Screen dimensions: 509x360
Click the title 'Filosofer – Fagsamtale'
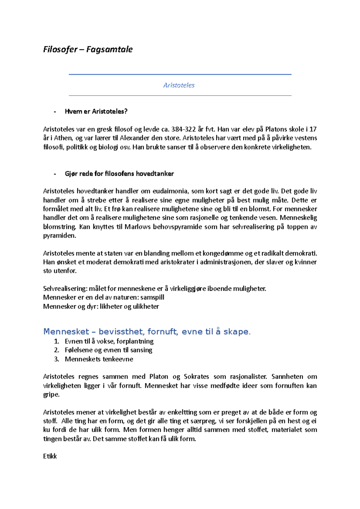click(x=88, y=49)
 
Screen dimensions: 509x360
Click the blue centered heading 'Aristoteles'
click(x=179, y=85)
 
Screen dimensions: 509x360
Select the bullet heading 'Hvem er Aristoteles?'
click(x=96, y=112)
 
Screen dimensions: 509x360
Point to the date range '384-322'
click(x=183, y=129)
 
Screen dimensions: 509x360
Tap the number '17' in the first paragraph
click(x=313, y=129)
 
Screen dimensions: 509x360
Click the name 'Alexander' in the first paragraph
click(x=134, y=138)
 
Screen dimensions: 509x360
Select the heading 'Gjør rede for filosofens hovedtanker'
click(x=119, y=174)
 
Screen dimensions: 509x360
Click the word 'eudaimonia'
click(x=170, y=191)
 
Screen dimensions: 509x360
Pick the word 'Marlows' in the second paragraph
click(x=137, y=227)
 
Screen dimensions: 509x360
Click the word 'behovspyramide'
click(x=177, y=227)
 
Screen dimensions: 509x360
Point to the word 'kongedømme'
click(x=223, y=253)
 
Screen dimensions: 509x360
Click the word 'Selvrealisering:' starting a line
click(x=65, y=289)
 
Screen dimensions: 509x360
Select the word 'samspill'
click(x=152, y=297)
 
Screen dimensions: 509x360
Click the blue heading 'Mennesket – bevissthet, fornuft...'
click(x=147, y=332)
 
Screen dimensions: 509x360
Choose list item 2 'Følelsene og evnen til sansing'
click(x=108, y=350)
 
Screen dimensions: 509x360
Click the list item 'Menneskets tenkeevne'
click(x=99, y=359)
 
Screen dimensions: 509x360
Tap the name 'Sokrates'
click(x=196, y=377)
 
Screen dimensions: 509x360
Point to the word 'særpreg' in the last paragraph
click(x=205, y=421)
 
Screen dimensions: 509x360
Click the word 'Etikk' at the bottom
click(x=50, y=456)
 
